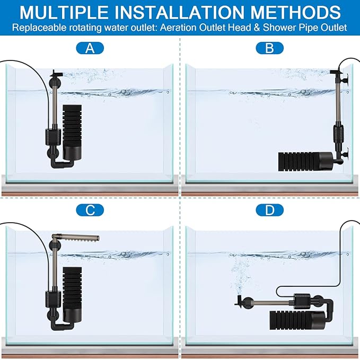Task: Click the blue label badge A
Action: pos(90,49)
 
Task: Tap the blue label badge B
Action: pos(270,49)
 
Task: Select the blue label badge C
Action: pos(90,210)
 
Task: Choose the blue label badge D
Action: pos(270,210)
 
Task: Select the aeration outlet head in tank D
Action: pos(239,303)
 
